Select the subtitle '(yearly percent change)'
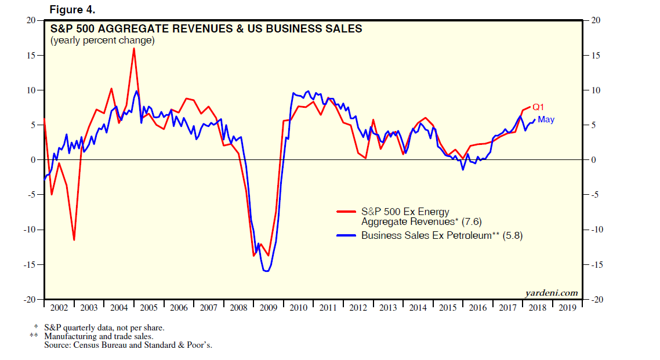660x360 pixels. click(x=102, y=41)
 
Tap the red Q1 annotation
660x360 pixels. click(x=538, y=107)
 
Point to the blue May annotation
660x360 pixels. click(x=546, y=119)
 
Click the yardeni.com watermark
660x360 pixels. click(x=552, y=292)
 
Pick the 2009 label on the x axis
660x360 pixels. click(x=268, y=308)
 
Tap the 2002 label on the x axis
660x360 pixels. click(x=59, y=308)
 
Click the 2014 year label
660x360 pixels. click(x=418, y=308)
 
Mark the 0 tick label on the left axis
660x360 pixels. click(x=34, y=160)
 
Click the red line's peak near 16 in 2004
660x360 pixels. click(x=134, y=48)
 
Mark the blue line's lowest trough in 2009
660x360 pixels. click(x=266, y=271)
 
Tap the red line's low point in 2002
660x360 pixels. click(x=74, y=240)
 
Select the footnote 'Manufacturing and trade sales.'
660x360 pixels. click(x=99, y=336)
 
